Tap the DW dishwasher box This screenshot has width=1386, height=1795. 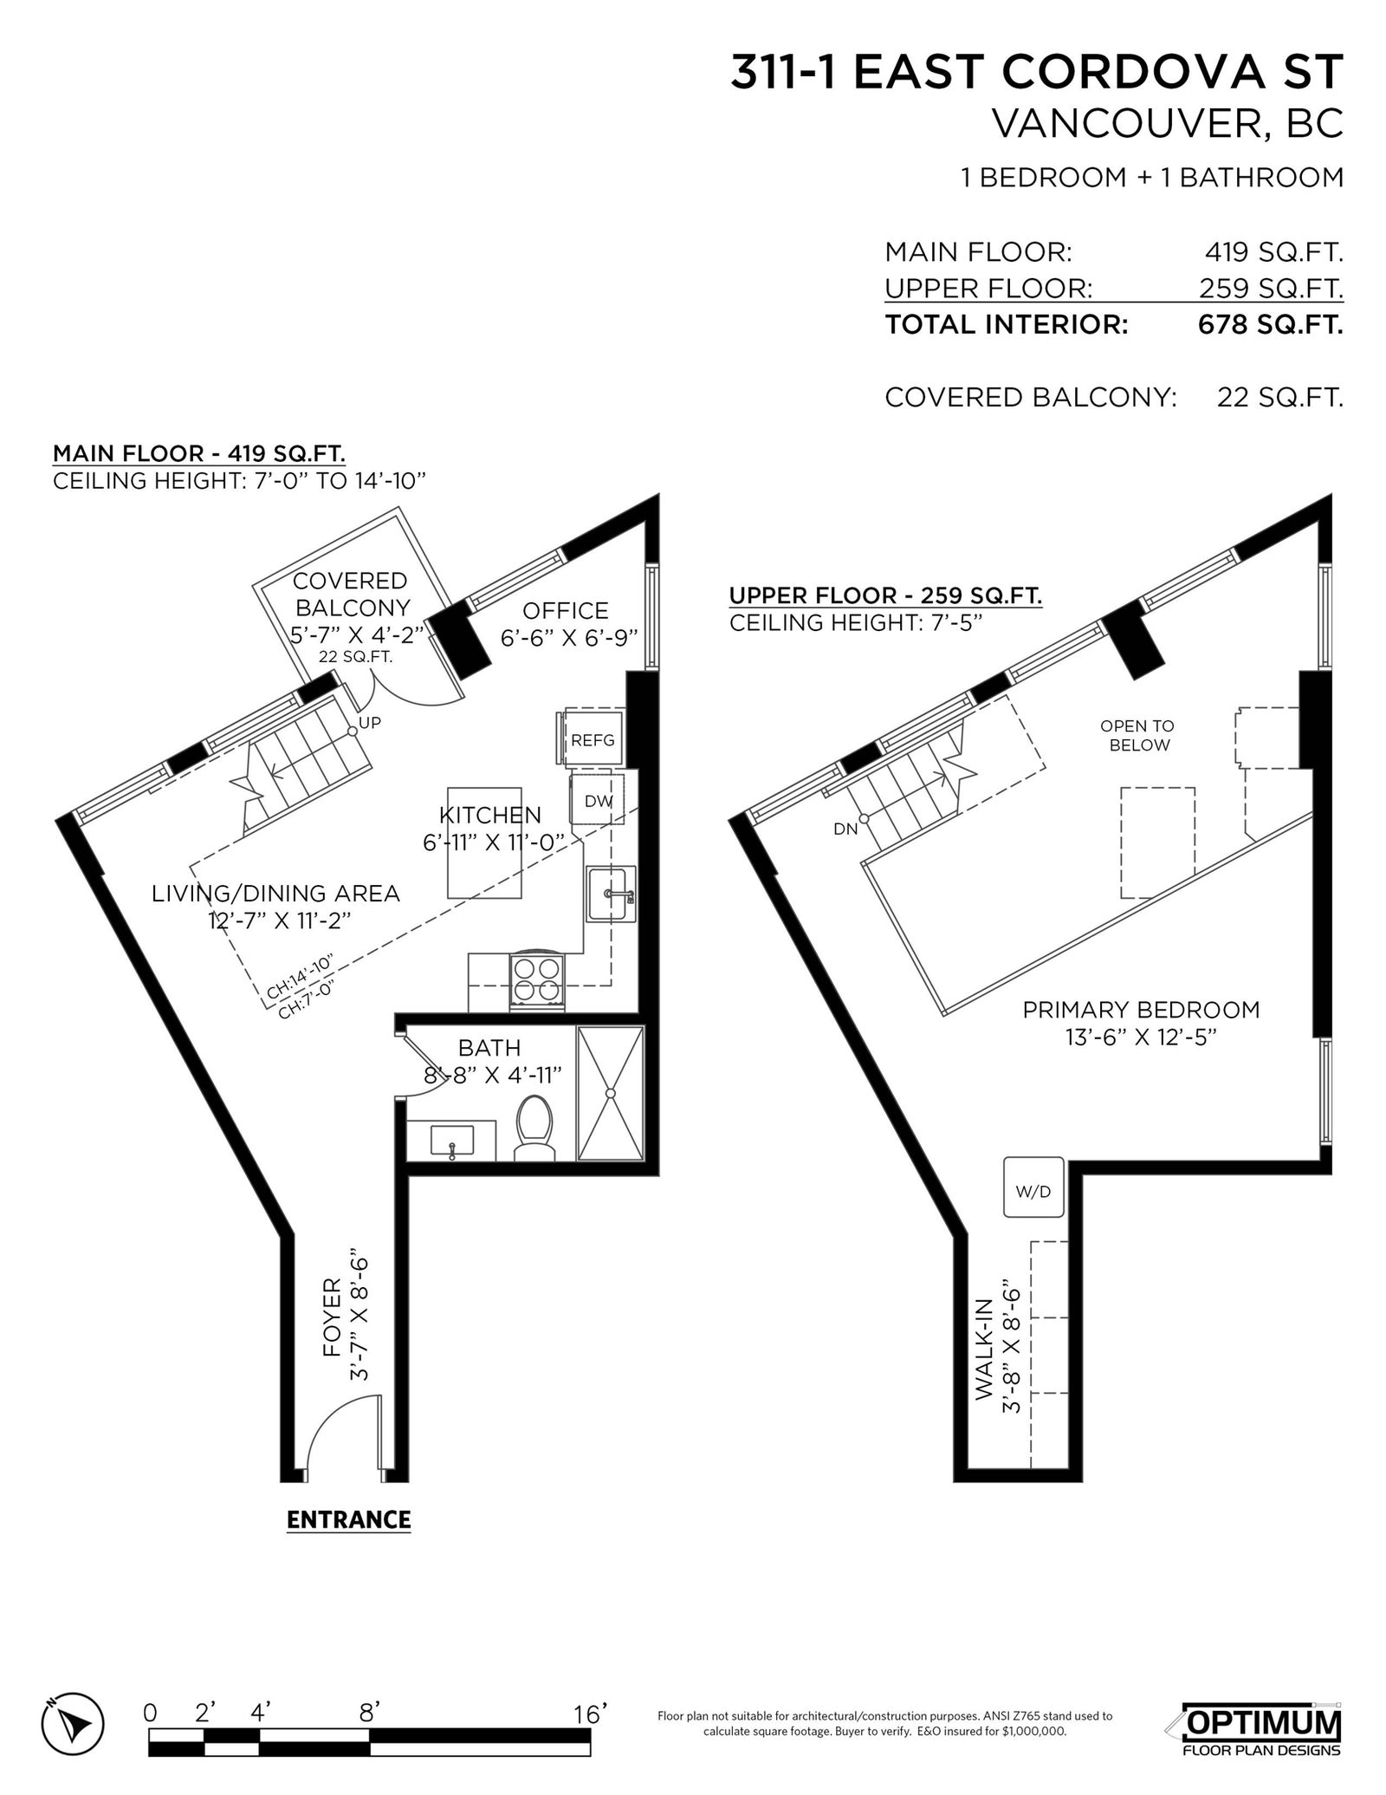coord(597,801)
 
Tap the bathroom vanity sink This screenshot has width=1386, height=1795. coord(451,1141)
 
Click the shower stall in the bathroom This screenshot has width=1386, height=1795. coord(612,1093)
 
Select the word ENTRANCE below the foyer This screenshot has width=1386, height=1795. coord(348,1520)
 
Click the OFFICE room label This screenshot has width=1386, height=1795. coord(566,610)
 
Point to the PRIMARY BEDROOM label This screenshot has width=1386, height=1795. coord(1141,1010)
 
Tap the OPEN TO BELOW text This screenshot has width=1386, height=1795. coord(1138,736)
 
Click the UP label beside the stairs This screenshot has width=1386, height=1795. coord(370,722)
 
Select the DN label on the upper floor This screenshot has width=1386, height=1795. coord(845,829)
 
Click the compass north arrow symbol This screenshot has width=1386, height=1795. coord(73,1669)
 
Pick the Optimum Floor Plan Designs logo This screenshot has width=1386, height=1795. coord(1261,1669)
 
